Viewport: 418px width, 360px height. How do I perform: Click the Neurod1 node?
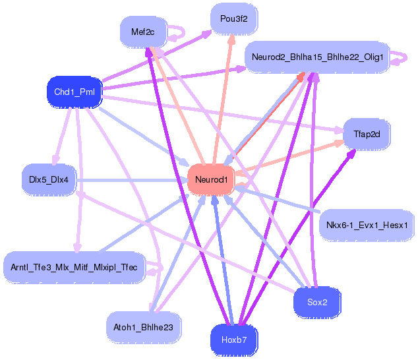211,179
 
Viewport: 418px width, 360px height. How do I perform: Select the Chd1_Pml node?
75,92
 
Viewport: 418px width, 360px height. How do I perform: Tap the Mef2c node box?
142,31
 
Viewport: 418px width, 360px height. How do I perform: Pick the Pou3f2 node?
234,19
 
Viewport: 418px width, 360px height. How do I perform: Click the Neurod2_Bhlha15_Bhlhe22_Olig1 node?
317,57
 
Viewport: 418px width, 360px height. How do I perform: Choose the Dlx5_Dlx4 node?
49,179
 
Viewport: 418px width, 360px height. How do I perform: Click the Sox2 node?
316,302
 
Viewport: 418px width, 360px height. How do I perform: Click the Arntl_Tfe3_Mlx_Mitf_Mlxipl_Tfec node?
74,267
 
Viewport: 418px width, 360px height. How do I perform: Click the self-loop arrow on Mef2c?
177,31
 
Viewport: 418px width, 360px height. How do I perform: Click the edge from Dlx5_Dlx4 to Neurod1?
132,179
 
